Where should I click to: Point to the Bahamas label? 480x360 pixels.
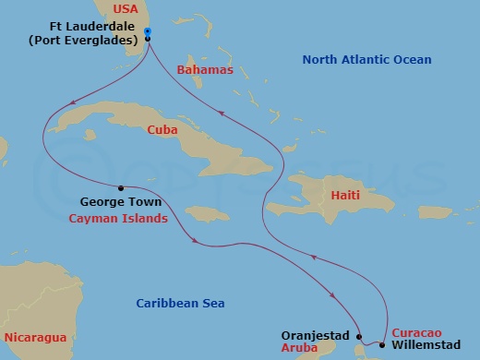(201, 69)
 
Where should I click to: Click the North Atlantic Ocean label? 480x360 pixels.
(367, 60)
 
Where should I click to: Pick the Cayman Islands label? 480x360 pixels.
(119, 219)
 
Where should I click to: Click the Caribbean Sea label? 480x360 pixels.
(180, 303)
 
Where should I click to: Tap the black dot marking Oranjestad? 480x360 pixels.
(360, 337)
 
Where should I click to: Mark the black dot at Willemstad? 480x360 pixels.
(382, 345)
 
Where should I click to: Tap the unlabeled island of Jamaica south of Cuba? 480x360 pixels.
(211, 213)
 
